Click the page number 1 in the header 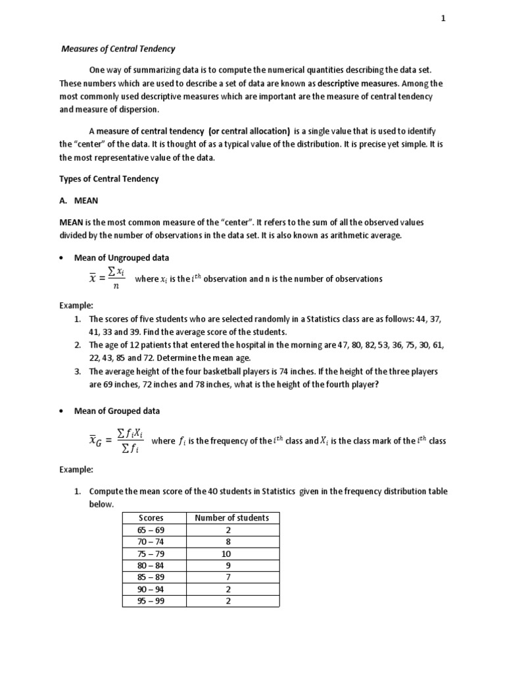443,19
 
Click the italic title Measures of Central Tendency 118,49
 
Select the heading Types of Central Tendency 109,179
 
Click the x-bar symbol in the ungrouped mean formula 93,279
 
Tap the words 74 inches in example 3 312,371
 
